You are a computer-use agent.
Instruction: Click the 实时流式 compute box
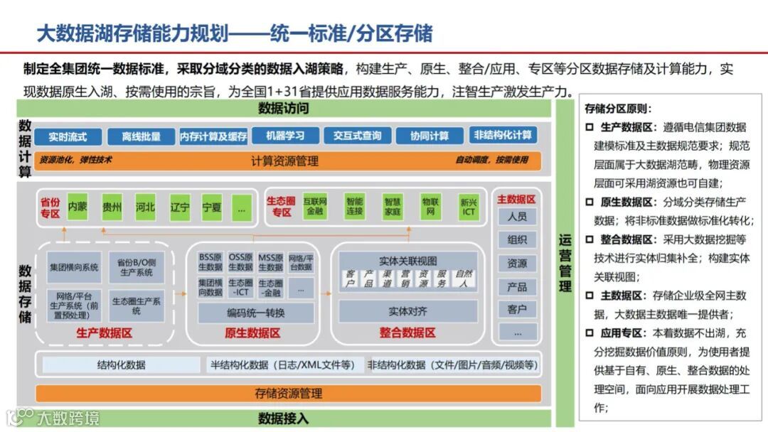click(x=68, y=136)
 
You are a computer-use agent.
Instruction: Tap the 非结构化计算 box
click(x=503, y=135)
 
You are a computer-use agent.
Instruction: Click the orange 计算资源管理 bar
click(x=284, y=161)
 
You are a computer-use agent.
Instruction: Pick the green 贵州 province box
click(x=112, y=207)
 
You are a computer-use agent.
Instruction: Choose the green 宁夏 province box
click(x=212, y=207)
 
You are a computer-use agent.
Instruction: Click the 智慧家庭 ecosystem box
click(x=392, y=207)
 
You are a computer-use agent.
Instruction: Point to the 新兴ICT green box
click(x=469, y=207)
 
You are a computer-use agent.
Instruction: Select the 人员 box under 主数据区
click(x=517, y=217)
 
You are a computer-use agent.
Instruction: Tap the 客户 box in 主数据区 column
click(x=517, y=310)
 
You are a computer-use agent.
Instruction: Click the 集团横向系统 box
click(x=74, y=268)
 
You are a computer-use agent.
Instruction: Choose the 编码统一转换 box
click(x=256, y=313)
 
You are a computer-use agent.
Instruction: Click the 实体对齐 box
click(x=407, y=311)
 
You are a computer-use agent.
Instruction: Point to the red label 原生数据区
click(x=252, y=333)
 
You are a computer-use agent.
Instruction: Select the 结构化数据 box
click(x=121, y=365)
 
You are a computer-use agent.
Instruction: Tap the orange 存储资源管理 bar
click(x=288, y=393)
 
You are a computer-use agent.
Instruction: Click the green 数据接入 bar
click(x=284, y=418)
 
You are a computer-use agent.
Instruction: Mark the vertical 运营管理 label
click(x=565, y=263)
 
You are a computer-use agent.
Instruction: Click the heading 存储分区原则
click(x=617, y=109)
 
